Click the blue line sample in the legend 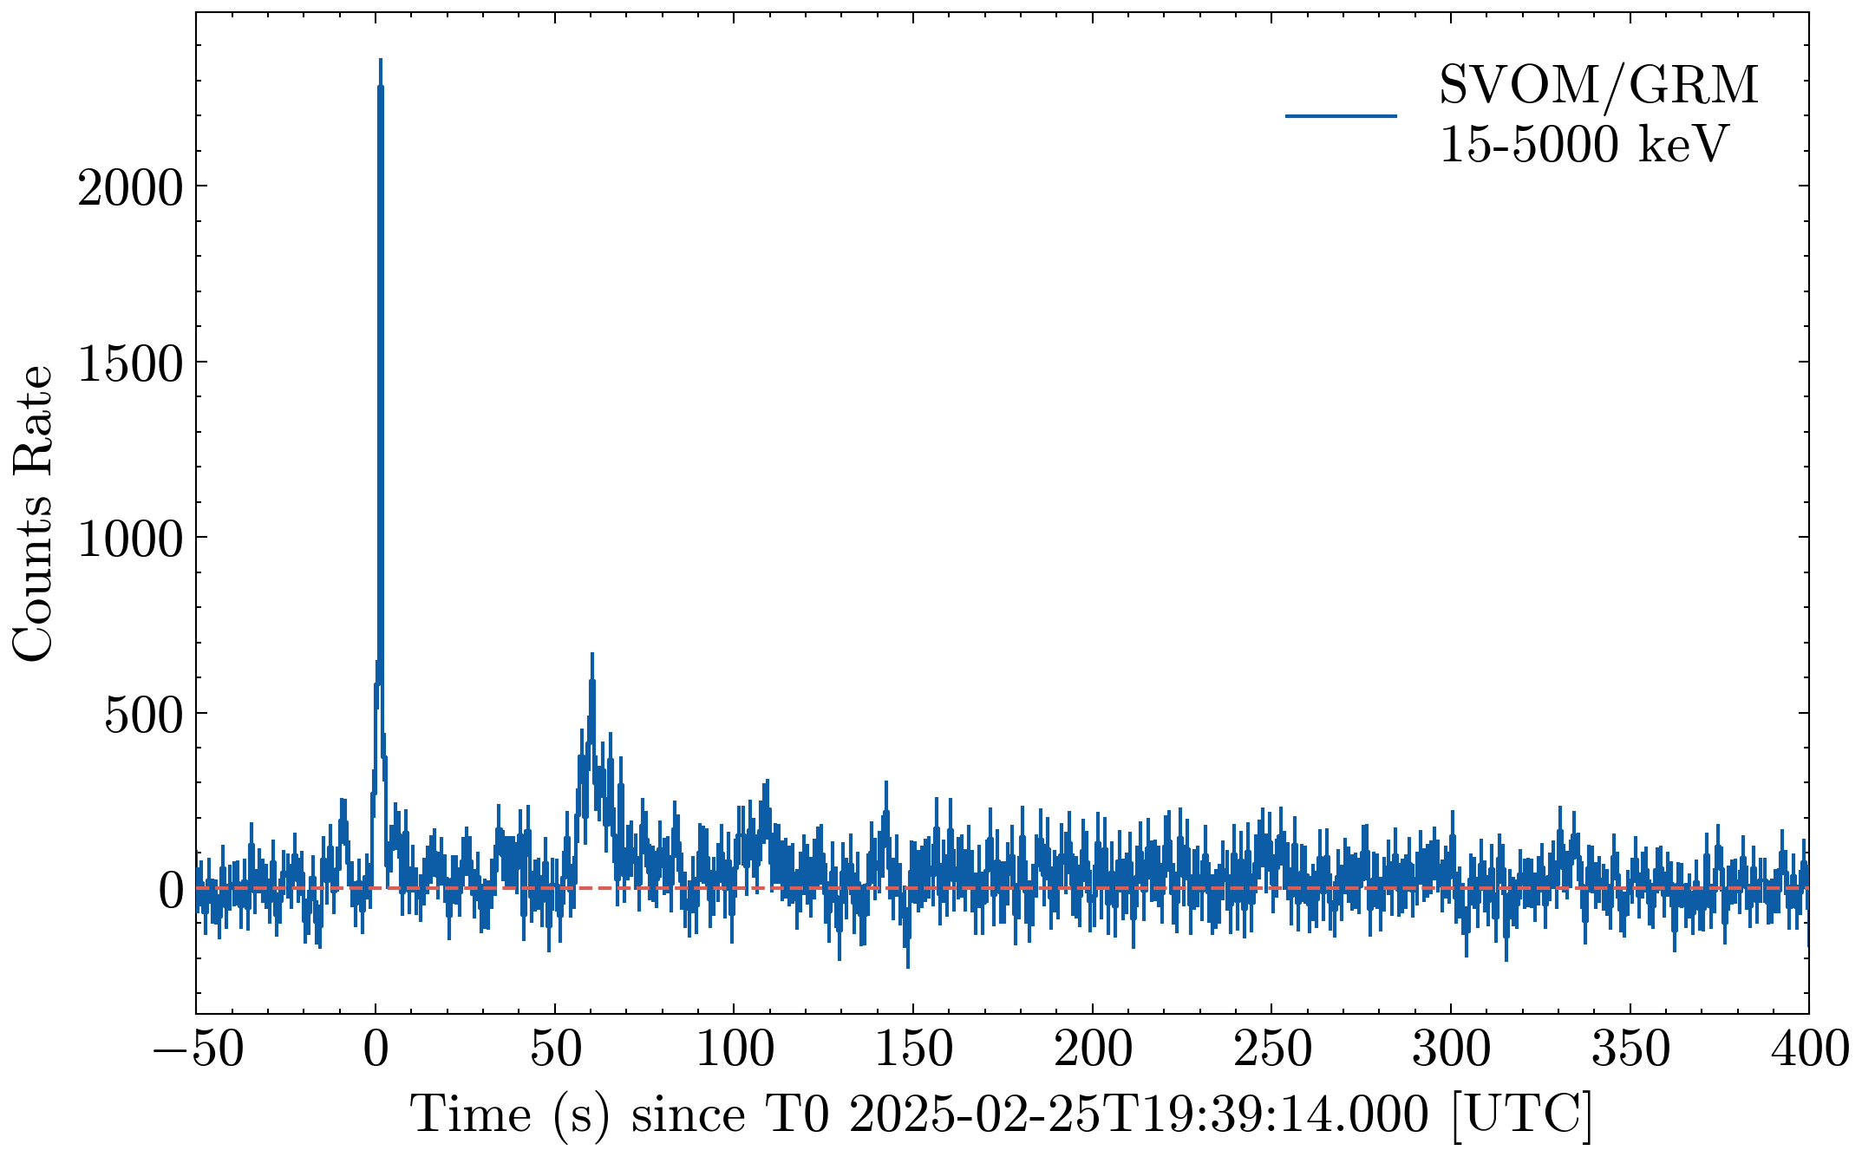(1341, 115)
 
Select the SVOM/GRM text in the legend (1598, 85)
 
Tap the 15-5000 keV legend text (1584, 144)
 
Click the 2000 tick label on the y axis (130, 186)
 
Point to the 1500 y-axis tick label (130, 363)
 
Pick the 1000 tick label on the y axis (130, 539)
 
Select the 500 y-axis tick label (143, 715)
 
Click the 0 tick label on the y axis (171, 890)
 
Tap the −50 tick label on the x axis (199, 1049)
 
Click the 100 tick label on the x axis (735, 1049)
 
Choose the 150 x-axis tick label (914, 1049)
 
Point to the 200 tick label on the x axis (1093, 1049)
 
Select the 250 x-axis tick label (1272, 1049)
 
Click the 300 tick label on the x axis (1452, 1049)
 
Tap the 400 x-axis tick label (1809, 1049)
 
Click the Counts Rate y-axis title (33, 513)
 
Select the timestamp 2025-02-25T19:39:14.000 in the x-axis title (1138, 1115)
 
